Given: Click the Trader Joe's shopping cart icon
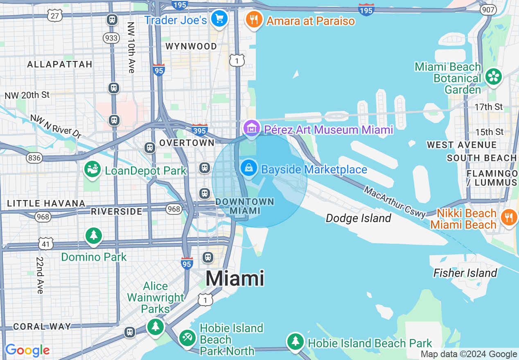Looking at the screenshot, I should (x=219, y=18).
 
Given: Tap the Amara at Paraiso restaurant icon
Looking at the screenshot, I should (x=254, y=19).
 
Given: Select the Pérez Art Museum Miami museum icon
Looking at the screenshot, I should (x=251, y=128).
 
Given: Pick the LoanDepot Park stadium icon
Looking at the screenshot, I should (x=93, y=169).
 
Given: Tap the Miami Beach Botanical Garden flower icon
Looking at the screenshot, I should (x=494, y=77).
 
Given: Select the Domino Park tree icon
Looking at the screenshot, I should (x=94, y=235).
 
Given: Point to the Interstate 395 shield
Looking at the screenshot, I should (x=200, y=130).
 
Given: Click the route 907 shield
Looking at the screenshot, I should (x=489, y=10).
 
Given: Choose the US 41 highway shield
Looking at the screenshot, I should (x=46, y=244).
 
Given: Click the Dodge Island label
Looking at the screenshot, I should (x=359, y=218).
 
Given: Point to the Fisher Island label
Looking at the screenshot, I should (x=465, y=273).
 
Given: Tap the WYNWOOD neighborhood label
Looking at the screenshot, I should (x=191, y=46).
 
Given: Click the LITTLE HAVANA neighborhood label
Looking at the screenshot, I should (x=46, y=203).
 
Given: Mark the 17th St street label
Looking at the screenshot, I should (x=489, y=107).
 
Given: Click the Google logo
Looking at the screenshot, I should (x=27, y=350).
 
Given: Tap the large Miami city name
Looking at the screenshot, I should (x=235, y=279).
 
